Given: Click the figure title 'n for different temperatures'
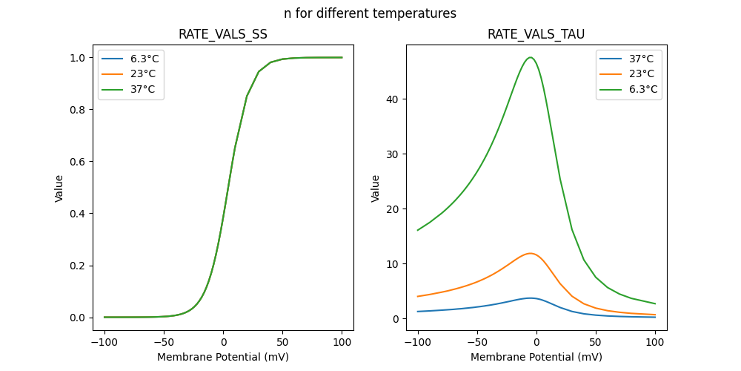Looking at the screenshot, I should point(370,13).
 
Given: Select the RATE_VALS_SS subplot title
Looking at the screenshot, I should point(223,34).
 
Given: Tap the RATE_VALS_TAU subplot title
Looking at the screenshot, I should point(536,34).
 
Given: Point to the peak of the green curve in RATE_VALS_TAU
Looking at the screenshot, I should point(530,57).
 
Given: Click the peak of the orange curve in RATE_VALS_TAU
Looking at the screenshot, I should point(530,253).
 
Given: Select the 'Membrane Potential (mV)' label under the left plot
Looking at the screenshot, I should point(223,357).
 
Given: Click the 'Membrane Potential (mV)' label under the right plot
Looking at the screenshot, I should point(536,357).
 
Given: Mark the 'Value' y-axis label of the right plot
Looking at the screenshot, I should point(376,188).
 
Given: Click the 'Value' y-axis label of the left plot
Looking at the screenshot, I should point(59,188).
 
